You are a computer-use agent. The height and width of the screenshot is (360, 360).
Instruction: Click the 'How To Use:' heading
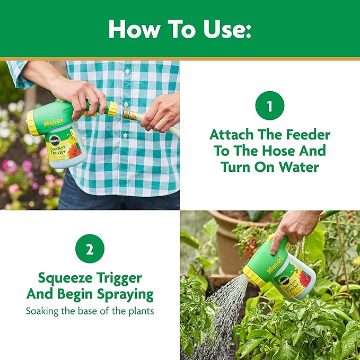point(180,30)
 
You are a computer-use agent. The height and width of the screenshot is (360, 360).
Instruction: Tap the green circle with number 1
point(269,106)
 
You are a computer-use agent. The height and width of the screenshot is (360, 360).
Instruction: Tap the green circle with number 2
point(90,249)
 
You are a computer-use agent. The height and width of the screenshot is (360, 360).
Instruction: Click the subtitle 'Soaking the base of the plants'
point(90,311)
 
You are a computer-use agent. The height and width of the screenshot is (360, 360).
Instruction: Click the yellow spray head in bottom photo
point(254,276)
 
